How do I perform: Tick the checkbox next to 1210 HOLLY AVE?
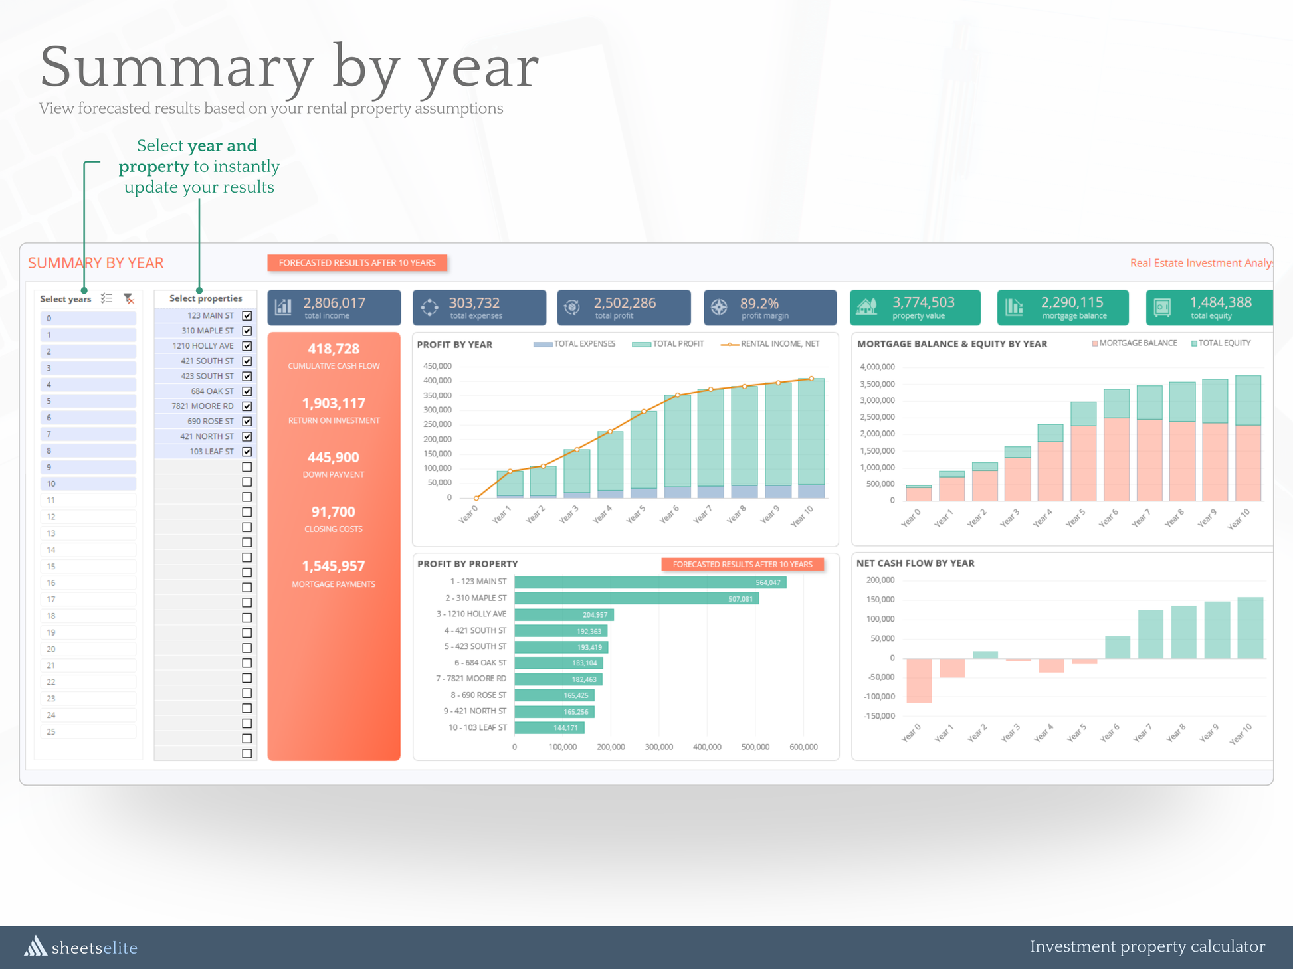coord(247,346)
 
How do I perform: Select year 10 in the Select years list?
coord(88,484)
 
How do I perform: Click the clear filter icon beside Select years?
coord(129,299)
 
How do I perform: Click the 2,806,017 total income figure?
coord(334,303)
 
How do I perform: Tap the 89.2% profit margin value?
coord(759,304)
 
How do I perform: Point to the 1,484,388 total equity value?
coord(1221,303)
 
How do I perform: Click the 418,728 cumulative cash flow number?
coord(334,349)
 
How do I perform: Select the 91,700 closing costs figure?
coord(334,512)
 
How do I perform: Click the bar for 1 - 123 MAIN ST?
coord(650,582)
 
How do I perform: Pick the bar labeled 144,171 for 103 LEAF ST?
coord(549,728)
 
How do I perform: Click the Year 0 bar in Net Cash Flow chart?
coord(919,680)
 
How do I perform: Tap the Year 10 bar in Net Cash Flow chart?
coord(1250,628)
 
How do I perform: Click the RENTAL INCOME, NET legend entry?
coord(771,344)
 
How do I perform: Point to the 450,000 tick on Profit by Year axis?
coord(437,366)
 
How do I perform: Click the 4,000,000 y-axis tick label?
coord(877,367)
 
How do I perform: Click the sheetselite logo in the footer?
coord(81,947)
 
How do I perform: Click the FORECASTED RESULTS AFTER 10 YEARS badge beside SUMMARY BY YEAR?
coord(357,263)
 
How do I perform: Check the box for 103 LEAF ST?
coord(247,452)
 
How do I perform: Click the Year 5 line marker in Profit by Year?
coord(644,412)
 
